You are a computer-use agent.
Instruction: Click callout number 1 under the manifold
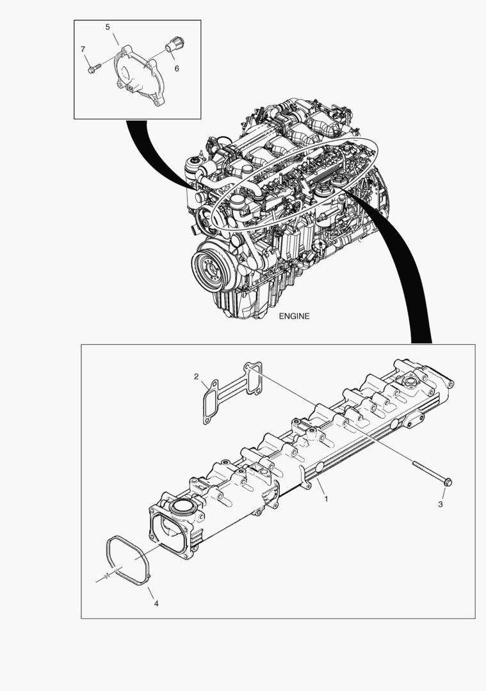click(x=326, y=498)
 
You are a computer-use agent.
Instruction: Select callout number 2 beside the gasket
click(x=196, y=376)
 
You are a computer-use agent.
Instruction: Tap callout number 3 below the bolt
click(x=441, y=504)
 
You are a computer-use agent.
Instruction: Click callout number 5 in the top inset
click(x=108, y=27)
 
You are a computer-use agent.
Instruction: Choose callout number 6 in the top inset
click(x=176, y=67)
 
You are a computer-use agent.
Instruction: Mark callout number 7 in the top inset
click(x=83, y=49)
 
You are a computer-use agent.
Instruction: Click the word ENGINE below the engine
click(x=295, y=316)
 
